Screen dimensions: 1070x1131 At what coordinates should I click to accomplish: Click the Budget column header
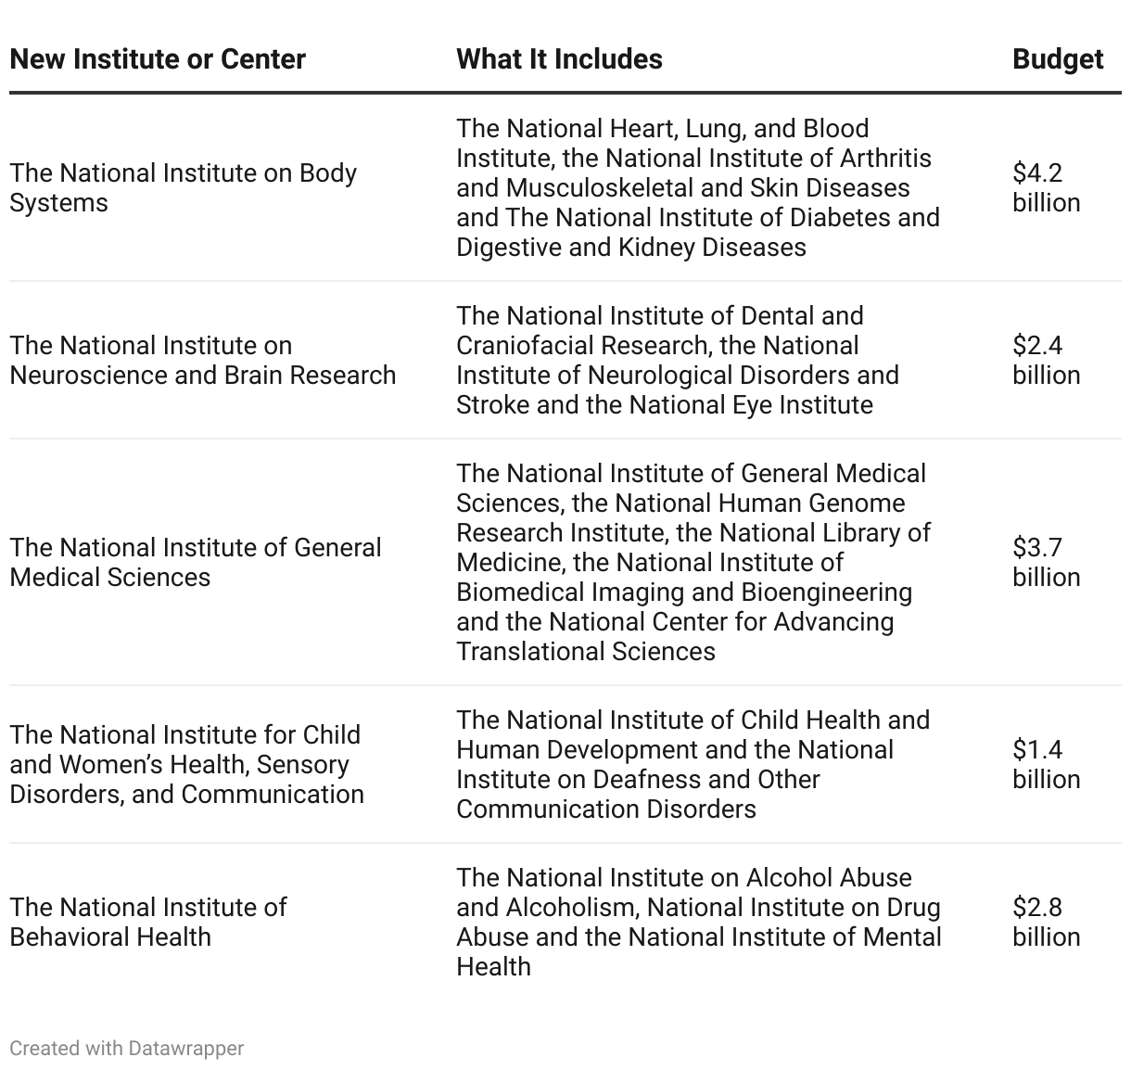coord(1057,59)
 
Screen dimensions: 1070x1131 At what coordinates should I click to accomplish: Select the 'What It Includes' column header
coord(559,59)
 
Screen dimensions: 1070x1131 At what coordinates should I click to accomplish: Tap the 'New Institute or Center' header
coord(158,59)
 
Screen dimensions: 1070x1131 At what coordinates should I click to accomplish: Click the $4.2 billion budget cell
coord(1046,187)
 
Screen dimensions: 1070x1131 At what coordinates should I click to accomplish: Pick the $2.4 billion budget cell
coord(1046,360)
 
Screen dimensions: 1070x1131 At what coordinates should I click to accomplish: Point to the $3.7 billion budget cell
coord(1046,562)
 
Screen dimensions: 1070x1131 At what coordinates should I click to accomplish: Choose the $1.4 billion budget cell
coord(1046,764)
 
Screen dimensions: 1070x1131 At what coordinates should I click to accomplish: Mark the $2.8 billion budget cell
coord(1046,922)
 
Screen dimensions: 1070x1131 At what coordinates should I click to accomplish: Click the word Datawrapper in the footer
coord(186,1048)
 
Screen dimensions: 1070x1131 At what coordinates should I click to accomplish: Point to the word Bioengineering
coord(827,592)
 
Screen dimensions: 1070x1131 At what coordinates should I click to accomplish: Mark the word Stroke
coord(492,405)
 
